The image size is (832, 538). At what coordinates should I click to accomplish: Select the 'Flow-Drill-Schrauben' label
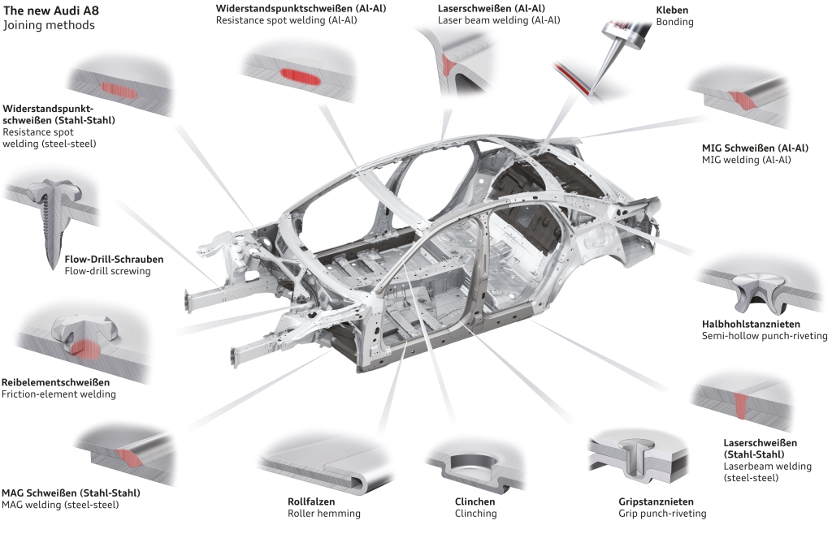click(114, 259)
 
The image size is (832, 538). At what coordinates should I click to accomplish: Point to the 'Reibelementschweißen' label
click(56, 381)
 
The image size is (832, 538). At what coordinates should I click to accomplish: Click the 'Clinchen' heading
click(475, 501)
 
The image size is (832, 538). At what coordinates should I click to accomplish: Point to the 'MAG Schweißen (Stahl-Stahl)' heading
click(71, 493)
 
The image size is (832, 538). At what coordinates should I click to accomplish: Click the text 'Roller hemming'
click(323, 514)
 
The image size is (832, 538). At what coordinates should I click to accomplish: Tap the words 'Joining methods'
click(50, 25)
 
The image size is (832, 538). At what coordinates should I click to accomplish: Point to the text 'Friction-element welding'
click(58, 394)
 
